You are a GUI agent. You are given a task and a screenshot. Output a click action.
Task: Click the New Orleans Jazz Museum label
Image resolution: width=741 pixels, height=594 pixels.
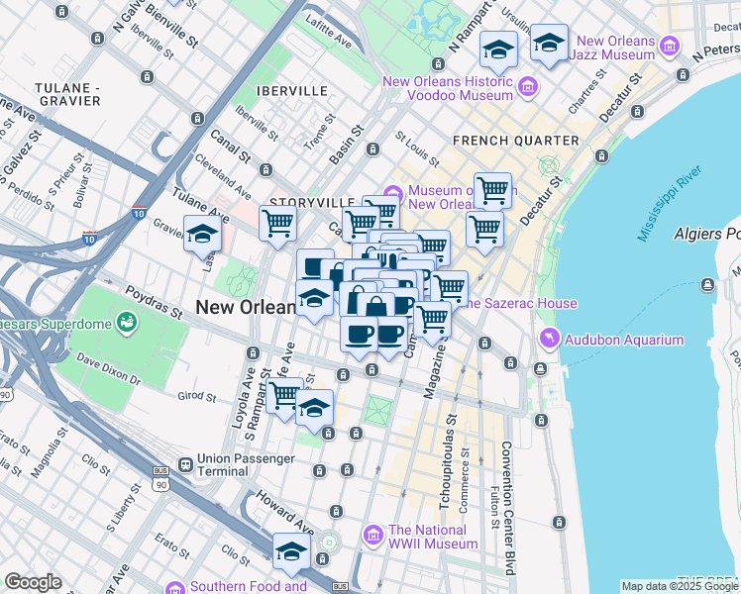(616, 49)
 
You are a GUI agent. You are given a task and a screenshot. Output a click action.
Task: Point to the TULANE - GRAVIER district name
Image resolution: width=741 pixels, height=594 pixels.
(67, 94)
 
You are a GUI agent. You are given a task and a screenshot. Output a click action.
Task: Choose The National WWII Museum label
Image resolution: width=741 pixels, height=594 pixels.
(433, 537)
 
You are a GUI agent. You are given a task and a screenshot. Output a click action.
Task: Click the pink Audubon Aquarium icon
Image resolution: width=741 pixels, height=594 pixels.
(548, 340)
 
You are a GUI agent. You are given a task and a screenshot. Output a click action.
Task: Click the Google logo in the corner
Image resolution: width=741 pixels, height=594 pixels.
(33, 582)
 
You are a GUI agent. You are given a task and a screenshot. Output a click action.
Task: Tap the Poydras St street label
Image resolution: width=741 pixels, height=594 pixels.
(154, 301)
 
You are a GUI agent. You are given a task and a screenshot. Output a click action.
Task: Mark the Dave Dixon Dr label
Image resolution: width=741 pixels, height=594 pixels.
(109, 369)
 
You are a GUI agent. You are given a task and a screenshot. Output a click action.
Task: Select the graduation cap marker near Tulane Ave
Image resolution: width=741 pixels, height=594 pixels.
(202, 235)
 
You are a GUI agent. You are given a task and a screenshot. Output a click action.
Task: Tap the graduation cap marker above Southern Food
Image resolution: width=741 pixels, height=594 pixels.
(291, 550)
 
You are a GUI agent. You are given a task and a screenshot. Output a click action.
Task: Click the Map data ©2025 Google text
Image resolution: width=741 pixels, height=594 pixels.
(679, 586)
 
